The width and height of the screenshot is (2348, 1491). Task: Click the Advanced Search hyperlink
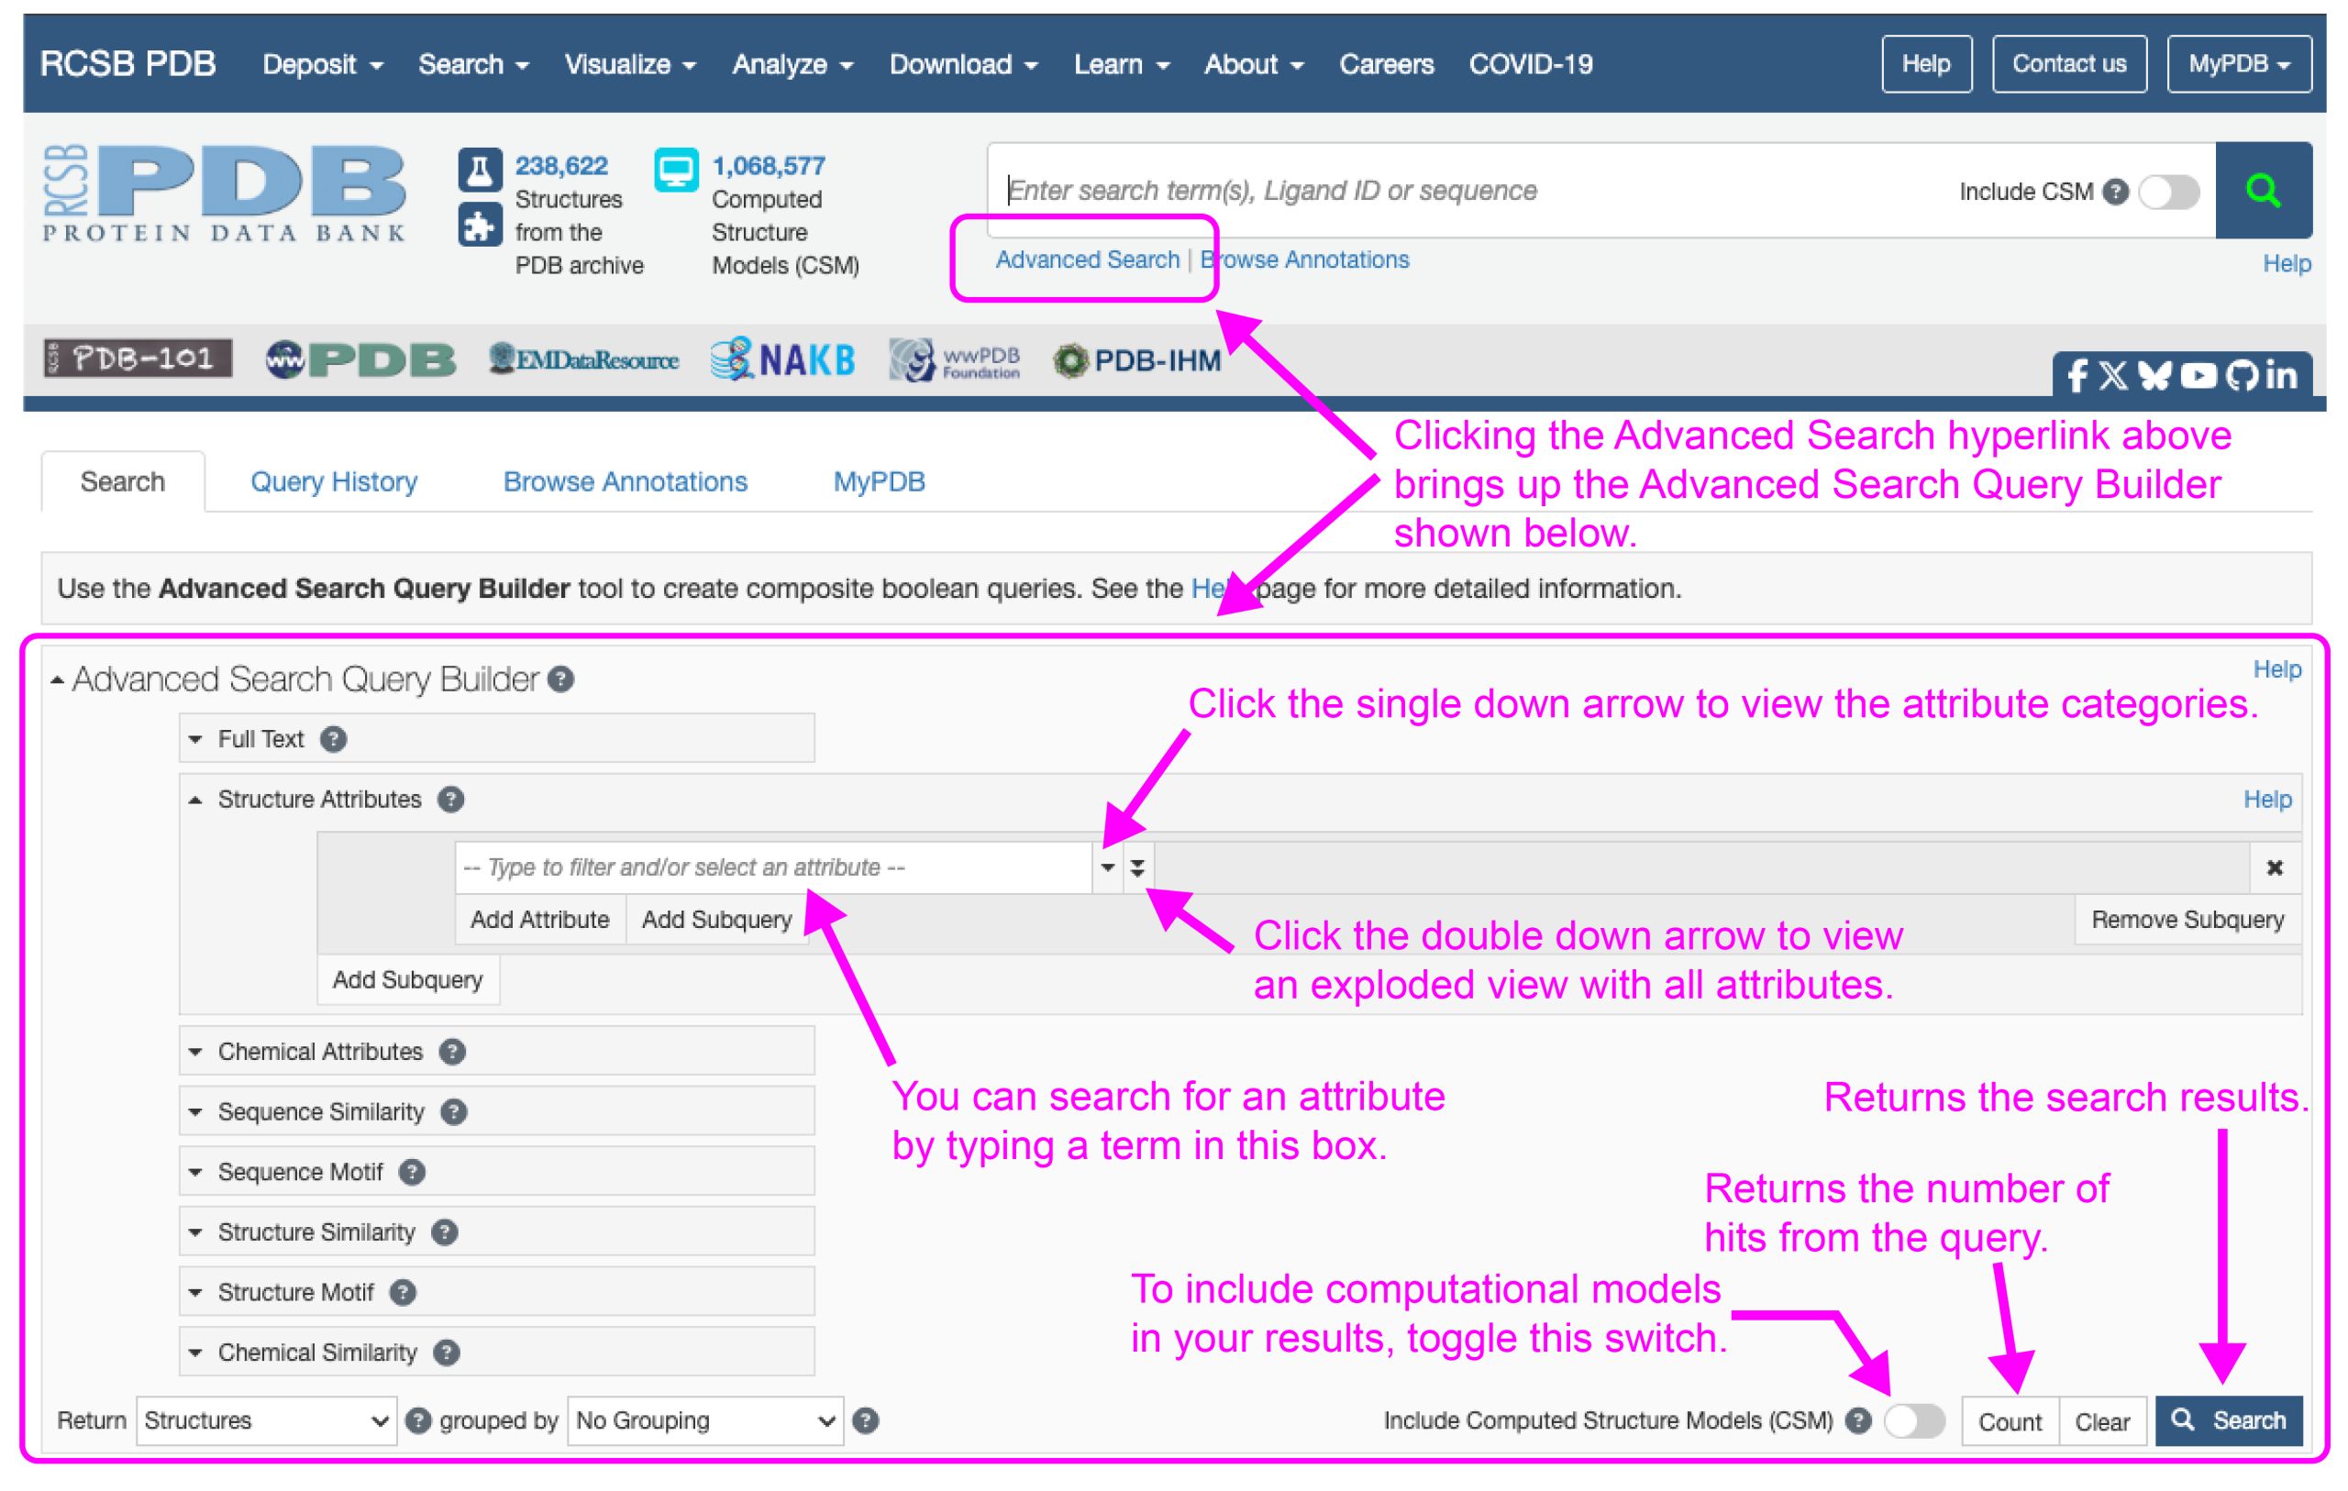click(1086, 260)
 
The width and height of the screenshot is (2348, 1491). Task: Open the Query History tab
click(334, 481)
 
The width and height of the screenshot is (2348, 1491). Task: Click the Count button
click(2009, 1420)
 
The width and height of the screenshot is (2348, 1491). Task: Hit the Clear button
click(2101, 1420)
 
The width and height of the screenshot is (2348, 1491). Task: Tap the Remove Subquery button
click(2187, 920)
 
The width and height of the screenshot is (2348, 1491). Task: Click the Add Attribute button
click(539, 920)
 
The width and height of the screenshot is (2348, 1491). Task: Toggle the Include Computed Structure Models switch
click(1913, 1419)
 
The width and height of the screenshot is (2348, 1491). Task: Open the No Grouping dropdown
click(705, 1419)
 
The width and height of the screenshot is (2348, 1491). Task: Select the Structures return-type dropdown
click(265, 1419)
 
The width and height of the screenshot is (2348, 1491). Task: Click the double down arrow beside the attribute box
click(1137, 867)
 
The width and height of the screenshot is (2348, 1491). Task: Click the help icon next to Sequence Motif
click(412, 1171)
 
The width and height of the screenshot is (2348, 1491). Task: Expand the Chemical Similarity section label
click(317, 1353)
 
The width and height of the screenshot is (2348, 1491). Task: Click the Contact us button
click(2068, 64)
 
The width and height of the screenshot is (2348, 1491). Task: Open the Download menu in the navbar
click(962, 64)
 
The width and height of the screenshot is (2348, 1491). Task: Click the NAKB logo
click(783, 359)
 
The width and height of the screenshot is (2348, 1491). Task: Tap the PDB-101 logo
click(138, 358)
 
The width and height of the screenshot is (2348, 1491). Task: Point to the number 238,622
click(560, 166)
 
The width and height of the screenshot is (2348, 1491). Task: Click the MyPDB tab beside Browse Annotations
click(879, 481)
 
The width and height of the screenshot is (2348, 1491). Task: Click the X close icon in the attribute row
click(2274, 867)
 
